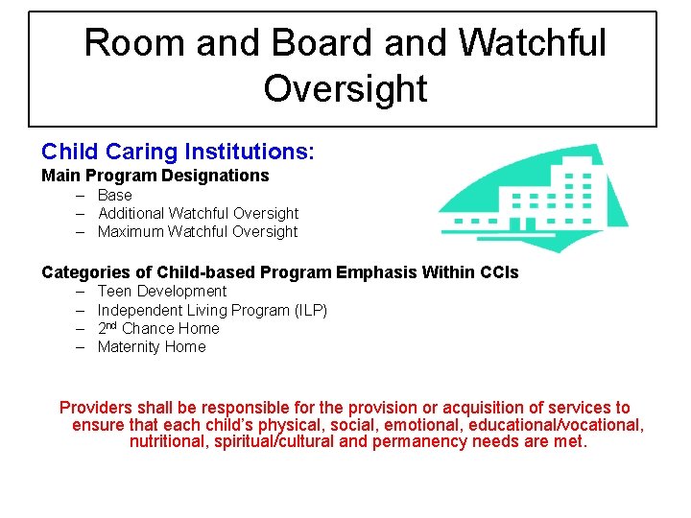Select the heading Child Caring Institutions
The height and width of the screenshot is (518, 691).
pos(178,152)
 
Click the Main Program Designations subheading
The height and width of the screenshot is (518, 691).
pos(155,176)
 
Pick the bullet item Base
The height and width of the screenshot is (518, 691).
pos(115,195)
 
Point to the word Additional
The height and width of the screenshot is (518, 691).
pos(131,213)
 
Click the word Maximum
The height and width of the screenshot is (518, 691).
pos(131,231)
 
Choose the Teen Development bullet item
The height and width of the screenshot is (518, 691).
pos(162,291)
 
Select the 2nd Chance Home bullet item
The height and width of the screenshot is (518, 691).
pos(158,328)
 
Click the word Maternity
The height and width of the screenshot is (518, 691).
pos(129,346)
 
